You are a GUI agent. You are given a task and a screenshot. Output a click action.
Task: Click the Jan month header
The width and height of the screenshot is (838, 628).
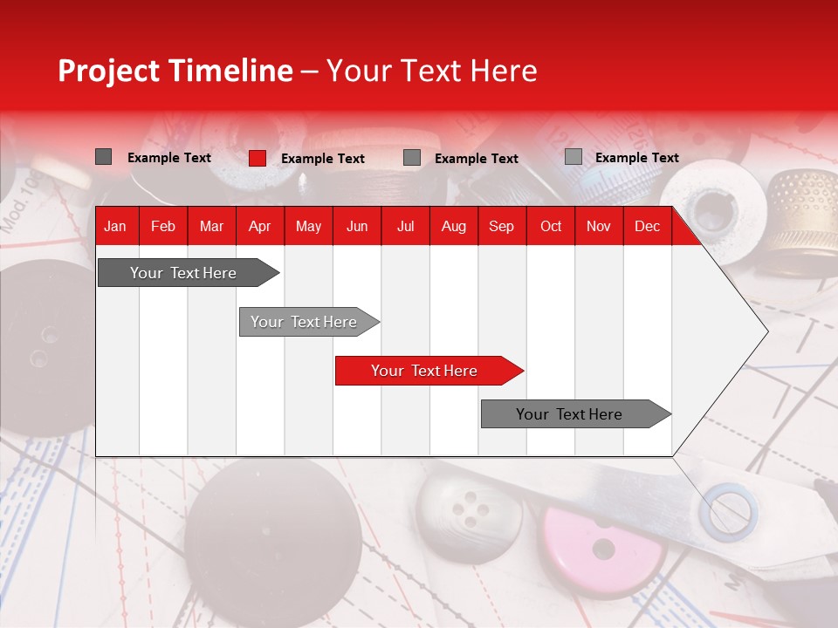click(115, 226)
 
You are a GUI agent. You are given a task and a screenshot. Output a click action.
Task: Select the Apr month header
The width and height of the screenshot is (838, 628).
click(260, 226)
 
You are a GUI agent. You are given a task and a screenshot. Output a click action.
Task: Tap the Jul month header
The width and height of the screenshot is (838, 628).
click(405, 226)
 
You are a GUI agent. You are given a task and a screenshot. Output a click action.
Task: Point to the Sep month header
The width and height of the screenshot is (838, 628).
click(501, 226)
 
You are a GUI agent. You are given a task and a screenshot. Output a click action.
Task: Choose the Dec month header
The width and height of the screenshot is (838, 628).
click(647, 226)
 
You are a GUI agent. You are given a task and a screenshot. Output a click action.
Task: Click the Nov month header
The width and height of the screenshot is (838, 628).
click(599, 226)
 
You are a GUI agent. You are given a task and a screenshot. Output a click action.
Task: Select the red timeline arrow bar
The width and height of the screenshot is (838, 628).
click(428, 371)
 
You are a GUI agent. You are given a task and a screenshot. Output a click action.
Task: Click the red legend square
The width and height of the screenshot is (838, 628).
click(257, 158)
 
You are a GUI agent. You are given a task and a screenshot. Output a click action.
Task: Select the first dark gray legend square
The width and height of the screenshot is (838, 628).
click(103, 157)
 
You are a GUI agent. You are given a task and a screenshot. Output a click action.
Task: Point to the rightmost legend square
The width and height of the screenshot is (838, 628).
click(573, 157)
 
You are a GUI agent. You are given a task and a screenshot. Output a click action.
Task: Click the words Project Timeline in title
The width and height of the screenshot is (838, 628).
click(175, 71)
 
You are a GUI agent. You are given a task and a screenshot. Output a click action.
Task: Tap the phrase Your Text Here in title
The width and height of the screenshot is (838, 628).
click(432, 71)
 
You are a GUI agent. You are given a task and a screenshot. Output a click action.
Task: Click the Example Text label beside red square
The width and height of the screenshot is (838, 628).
click(323, 159)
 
